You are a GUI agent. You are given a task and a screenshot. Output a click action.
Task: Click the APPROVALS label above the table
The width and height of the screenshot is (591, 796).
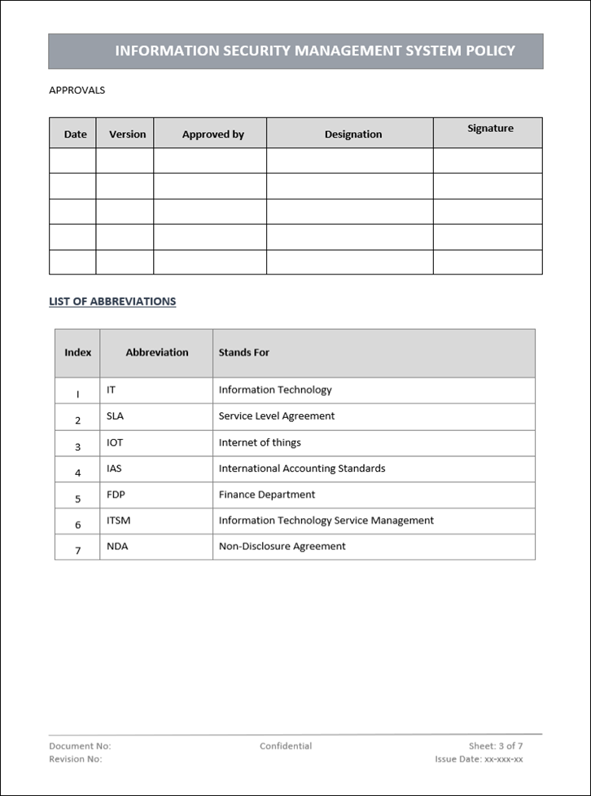[77, 90]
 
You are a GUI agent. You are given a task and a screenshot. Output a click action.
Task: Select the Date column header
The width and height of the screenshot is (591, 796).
[75, 134]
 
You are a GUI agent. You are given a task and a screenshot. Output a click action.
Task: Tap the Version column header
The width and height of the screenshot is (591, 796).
[127, 134]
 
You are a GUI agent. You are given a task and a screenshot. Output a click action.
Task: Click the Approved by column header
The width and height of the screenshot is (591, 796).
[212, 134]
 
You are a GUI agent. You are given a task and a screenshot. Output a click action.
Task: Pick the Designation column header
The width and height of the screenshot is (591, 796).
[352, 134]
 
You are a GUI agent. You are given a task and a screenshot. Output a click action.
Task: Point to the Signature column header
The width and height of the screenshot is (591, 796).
[490, 129]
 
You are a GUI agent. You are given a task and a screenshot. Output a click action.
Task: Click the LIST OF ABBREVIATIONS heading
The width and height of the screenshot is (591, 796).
[112, 301]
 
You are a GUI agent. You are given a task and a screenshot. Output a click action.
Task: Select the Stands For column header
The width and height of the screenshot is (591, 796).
[243, 353]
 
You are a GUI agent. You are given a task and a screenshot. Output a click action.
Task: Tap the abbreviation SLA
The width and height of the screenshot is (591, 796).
[116, 416]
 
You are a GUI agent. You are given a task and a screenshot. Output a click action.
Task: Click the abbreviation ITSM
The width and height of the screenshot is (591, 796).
[118, 520]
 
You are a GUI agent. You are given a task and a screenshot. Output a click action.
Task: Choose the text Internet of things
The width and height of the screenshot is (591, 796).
[260, 442]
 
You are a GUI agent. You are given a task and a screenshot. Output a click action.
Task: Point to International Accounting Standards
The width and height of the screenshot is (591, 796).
[302, 468]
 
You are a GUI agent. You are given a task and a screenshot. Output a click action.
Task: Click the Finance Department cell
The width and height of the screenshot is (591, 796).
[266, 495]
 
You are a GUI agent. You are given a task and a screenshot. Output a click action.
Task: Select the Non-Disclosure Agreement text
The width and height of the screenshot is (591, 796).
[282, 546]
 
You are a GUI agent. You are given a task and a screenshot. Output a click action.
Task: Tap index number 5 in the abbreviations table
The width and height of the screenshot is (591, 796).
[78, 499]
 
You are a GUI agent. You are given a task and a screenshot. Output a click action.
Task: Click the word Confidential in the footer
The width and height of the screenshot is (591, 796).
[286, 745]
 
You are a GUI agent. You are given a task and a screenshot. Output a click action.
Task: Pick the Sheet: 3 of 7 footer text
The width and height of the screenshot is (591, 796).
[495, 745]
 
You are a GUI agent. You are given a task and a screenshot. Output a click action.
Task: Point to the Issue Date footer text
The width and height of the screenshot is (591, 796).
[479, 759]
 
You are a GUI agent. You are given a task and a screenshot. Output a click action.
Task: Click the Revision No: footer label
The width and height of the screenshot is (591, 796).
[76, 759]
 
